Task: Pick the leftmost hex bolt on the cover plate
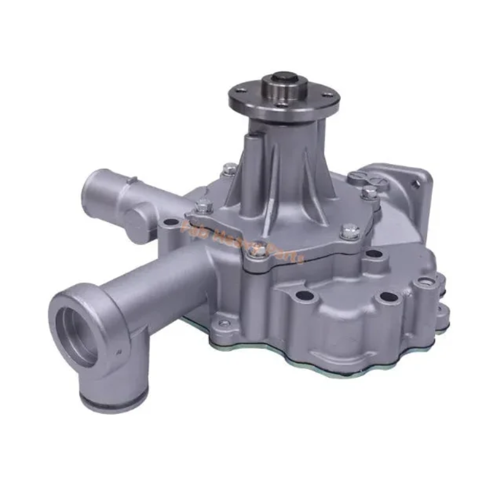pyautogui.click(x=204, y=207)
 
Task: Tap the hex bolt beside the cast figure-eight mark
pyautogui.click(x=370, y=194)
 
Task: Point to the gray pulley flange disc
pyautogui.click(x=284, y=97)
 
